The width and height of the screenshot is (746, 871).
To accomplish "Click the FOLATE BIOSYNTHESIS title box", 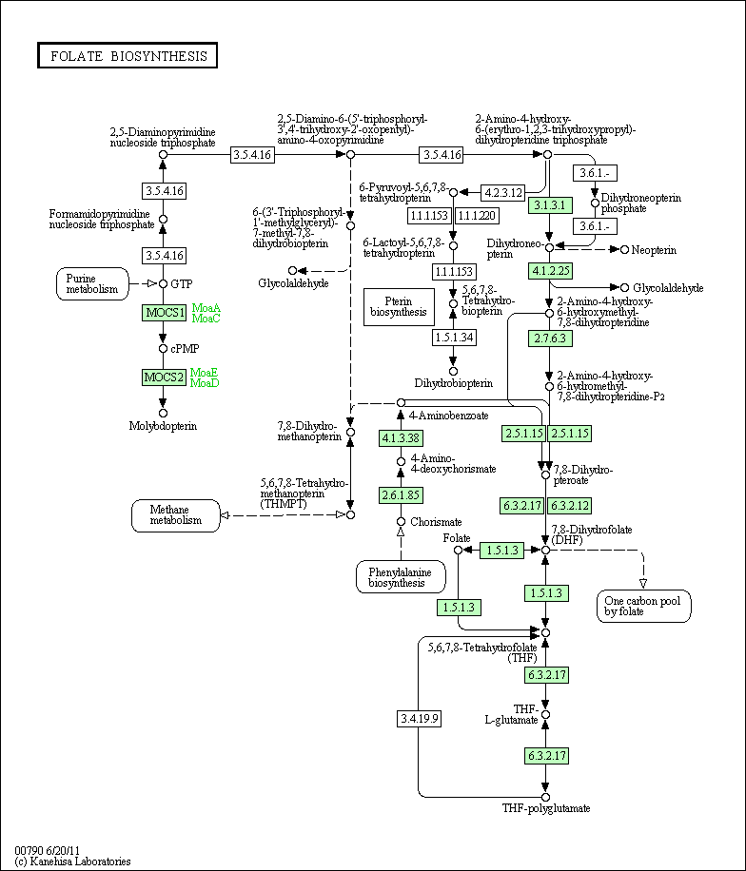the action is pos(128,55).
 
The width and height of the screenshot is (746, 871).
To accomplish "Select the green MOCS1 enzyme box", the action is pos(164,313).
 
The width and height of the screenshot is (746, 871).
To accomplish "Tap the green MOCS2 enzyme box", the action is pos(164,377).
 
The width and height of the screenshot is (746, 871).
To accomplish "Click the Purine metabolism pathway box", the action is pos(92,284).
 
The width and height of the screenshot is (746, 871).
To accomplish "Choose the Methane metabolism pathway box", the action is pos(176,515).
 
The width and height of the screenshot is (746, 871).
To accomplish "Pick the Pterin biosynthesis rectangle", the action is pos(399,306).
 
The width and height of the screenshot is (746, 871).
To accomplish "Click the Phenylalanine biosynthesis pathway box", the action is pos(401,577).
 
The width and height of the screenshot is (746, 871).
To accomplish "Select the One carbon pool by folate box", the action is pos(644,606).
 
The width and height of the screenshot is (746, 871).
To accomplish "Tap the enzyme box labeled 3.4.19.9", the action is pos(420,719).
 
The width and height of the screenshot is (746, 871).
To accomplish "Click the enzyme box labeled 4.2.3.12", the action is pos(503,193).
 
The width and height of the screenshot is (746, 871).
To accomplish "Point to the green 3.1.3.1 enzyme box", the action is pos(550,205).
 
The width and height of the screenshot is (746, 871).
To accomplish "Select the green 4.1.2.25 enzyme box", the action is pos(550,271).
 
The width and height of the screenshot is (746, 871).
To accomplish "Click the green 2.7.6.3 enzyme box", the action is pos(550,339).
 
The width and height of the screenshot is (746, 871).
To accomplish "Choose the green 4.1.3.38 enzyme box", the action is pos(401,438).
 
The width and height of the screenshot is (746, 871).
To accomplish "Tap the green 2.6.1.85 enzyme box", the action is pos(401,495).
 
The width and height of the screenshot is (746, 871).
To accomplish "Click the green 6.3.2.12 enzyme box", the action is pos(569,506).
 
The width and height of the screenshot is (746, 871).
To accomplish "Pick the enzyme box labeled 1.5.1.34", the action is pos(454,338).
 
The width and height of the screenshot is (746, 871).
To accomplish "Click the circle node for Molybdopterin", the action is pos(163,414).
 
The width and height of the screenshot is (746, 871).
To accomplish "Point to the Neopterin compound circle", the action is pos(624,250).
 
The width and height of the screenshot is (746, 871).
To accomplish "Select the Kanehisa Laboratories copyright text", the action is pos(73,861).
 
